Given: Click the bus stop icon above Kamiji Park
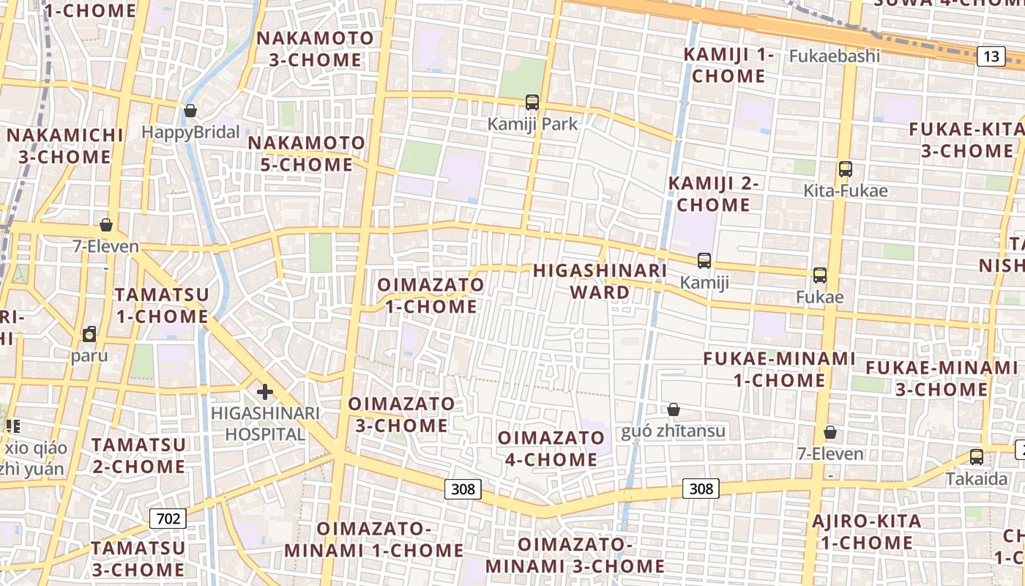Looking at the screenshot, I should pos(532,103).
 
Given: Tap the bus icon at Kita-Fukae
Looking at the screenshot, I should pos(846,169).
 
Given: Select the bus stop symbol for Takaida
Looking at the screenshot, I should pos(976,457).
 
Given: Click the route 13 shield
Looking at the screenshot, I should pos(991,56).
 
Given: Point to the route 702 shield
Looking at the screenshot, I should pos(168,519).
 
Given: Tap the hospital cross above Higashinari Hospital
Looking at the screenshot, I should pos(264,392).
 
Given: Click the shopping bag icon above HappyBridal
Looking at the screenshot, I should pos(190,111).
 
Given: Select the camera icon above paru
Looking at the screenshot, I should pos(89,335).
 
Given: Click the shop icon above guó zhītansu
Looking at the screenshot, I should pos(674,409).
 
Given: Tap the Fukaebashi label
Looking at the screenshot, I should pos(834,56).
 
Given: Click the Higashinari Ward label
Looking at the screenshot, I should pos(600,281).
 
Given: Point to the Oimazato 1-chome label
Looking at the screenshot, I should pos(430,295).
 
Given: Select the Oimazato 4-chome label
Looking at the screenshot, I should pos(551,448).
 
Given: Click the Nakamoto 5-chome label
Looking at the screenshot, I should pos(306,154).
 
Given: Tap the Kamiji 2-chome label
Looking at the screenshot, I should pos(713,194).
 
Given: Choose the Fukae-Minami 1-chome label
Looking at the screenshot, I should pos(779,369).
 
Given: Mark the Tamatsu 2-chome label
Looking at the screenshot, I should pos(138,456).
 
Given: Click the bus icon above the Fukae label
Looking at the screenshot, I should pos(820,275).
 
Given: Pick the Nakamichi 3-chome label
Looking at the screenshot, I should pos(64,146).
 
